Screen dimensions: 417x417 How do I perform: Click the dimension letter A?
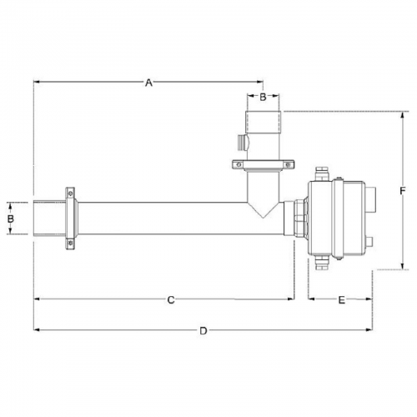(149, 83)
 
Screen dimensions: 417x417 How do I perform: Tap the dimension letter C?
(171, 300)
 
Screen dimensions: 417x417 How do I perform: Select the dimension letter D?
(203, 331)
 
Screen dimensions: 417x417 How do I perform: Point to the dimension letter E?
(341, 300)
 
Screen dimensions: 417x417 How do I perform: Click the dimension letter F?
(403, 191)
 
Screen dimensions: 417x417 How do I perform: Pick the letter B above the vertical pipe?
(263, 97)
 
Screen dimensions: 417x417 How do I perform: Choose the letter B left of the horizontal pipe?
(11, 219)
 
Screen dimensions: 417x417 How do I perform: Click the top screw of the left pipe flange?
(71, 193)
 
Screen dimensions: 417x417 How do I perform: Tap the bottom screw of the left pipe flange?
(71, 244)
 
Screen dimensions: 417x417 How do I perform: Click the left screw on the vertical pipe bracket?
(239, 165)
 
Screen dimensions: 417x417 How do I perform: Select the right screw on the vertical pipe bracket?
(288, 165)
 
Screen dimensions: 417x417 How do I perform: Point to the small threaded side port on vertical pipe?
(244, 143)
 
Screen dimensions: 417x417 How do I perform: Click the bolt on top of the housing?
(322, 173)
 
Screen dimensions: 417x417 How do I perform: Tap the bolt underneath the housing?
(322, 263)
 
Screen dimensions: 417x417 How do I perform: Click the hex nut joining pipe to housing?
(301, 219)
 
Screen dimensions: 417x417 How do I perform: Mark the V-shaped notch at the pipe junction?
(263, 210)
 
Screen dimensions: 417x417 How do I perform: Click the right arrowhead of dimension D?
(369, 330)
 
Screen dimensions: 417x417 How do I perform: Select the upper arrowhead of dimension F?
(402, 114)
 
